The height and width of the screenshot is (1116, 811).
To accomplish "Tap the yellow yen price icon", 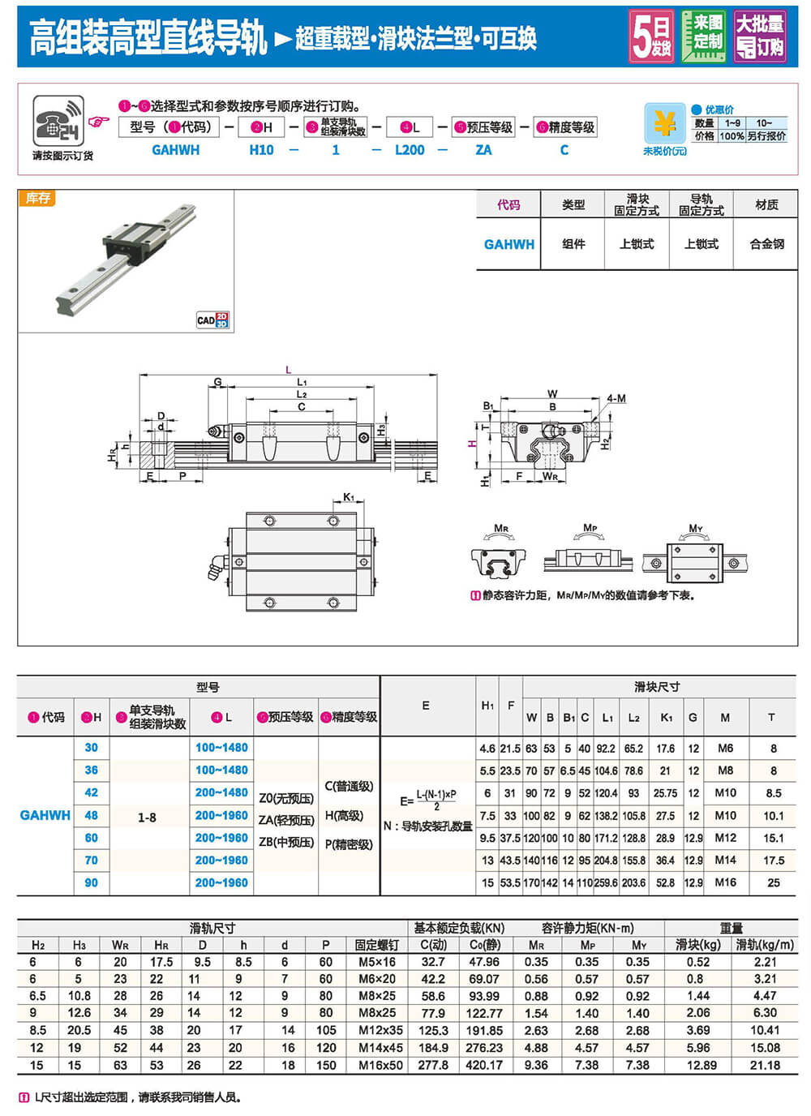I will (664, 123).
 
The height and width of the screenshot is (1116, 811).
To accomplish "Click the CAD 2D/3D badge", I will (212, 320).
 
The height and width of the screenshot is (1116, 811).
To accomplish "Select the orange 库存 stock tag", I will (37, 198).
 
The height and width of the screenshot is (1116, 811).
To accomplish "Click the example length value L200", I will (410, 150).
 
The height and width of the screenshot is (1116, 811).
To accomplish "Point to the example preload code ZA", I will (483, 150).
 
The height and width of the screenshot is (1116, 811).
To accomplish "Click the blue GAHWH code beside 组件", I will (508, 244).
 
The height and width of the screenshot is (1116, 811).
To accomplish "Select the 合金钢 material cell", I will (766, 243).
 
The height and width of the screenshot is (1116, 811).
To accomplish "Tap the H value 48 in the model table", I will (91, 815).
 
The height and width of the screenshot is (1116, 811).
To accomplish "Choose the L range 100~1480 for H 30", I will (221, 748).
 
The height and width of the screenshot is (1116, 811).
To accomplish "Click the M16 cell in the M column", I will (725, 882).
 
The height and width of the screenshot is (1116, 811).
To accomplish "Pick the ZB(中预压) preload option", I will (286, 843).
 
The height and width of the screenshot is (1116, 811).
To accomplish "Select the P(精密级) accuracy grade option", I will (349, 844).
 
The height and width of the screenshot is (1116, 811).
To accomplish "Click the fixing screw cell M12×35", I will (380, 1030).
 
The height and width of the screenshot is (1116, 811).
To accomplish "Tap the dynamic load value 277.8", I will (433, 1065).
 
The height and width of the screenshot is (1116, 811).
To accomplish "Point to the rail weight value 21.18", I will (765, 1065).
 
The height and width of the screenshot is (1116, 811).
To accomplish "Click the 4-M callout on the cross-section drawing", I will (616, 398).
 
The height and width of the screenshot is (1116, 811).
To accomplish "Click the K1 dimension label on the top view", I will (349, 497).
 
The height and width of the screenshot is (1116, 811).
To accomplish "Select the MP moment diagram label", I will (590, 528).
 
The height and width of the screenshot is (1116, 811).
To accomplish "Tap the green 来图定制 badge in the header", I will (704, 36).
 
